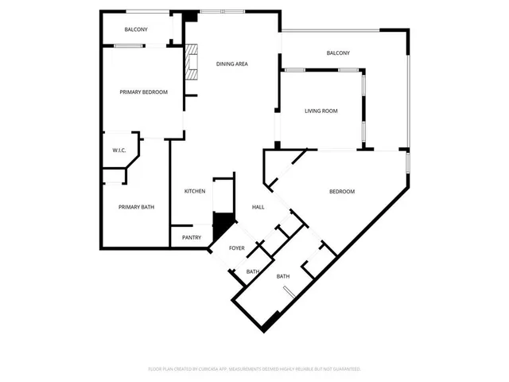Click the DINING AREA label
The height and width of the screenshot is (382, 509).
[x=232, y=64]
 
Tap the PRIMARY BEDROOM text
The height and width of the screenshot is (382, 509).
[x=143, y=92]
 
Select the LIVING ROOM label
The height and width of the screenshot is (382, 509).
[x=321, y=111]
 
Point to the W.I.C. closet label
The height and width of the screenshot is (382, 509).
[x=119, y=150]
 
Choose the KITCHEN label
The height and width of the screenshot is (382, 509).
[x=195, y=191]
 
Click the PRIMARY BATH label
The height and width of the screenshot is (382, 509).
[x=136, y=208]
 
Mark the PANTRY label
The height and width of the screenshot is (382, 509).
[x=191, y=237]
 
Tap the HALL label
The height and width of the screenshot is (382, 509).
[x=258, y=207]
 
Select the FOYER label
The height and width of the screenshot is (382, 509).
[x=237, y=248]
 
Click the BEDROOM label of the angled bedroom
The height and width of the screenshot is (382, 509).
[x=342, y=192]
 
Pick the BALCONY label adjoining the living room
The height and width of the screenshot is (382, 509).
[x=338, y=53]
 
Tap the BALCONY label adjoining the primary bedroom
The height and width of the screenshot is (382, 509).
[x=135, y=29]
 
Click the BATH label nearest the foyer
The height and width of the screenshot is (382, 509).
[x=252, y=272]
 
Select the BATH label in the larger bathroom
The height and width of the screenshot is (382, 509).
[x=282, y=277]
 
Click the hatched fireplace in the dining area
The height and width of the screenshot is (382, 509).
[x=191, y=64]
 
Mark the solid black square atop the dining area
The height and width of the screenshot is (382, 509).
[x=190, y=17]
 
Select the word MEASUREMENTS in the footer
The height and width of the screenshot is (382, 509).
[x=247, y=369]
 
